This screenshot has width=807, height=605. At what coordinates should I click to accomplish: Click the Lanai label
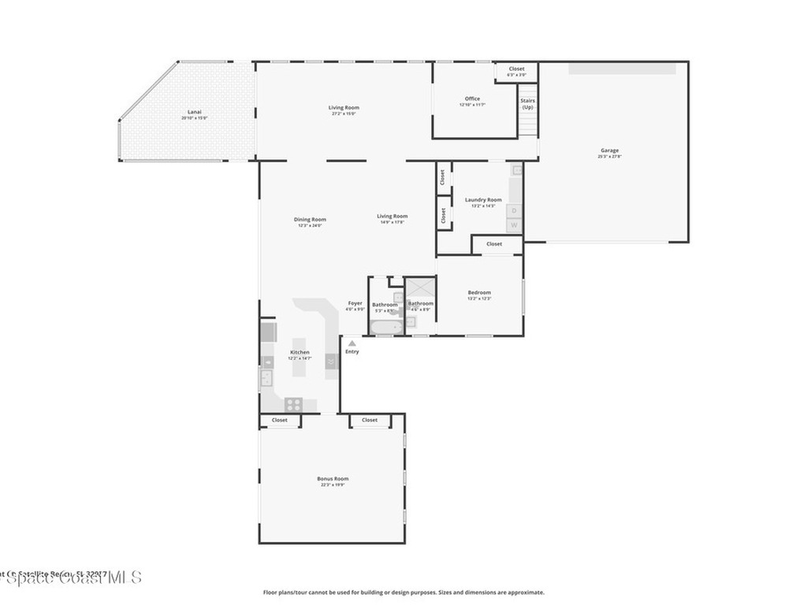(194, 112)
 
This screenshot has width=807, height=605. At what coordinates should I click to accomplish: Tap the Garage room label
(609, 150)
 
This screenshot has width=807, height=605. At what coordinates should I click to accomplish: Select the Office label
(472, 98)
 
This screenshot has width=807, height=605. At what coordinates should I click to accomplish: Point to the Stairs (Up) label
(527, 104)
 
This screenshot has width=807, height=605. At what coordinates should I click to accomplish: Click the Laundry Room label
(483, 200)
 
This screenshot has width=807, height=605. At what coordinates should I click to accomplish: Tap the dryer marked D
(515, 210)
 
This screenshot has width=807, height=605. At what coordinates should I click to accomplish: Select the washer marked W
(515, 225)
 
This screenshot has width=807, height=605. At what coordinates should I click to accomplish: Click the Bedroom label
(479, 292)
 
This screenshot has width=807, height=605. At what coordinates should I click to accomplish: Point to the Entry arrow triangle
(351, 343)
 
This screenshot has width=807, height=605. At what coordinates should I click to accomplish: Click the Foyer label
(355, 303)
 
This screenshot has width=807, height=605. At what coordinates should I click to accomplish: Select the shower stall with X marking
(419, 288)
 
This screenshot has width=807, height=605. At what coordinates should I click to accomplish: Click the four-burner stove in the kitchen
(293, 404)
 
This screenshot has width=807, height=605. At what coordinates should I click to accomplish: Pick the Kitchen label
(299, 352)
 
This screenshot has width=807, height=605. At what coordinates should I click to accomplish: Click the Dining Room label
(310, 220)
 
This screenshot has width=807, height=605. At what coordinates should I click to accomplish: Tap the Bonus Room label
(333, 479)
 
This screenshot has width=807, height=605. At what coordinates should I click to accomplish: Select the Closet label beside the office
(516, 69)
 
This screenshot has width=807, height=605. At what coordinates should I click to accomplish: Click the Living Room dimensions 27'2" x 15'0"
(344, 113)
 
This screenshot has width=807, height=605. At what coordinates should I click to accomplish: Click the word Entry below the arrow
(351, 351)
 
